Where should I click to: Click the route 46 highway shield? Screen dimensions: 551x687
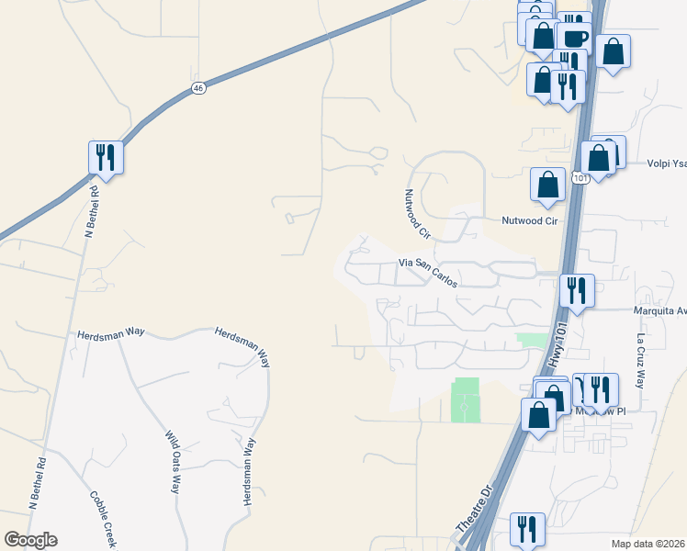click(x=198, y=87)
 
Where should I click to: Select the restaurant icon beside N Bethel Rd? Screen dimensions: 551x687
click(x=106, y=158)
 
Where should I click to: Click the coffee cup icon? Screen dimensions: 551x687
click(x=574, y=39)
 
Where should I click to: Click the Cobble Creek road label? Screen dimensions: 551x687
click(x=103, y=520)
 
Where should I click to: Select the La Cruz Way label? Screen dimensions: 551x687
click(x=640, y=358)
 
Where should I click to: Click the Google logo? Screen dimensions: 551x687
click(x=30, y=540)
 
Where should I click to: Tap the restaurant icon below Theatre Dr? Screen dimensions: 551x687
click(x=527, y=529)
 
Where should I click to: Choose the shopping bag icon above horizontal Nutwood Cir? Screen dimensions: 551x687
click(x=547, y=185)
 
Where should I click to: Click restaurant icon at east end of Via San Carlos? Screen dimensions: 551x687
click(x=577, y=290)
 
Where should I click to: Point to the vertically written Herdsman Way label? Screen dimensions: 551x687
click(x=247, y=471)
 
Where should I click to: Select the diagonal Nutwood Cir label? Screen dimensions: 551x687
click(x=418, y=214)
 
